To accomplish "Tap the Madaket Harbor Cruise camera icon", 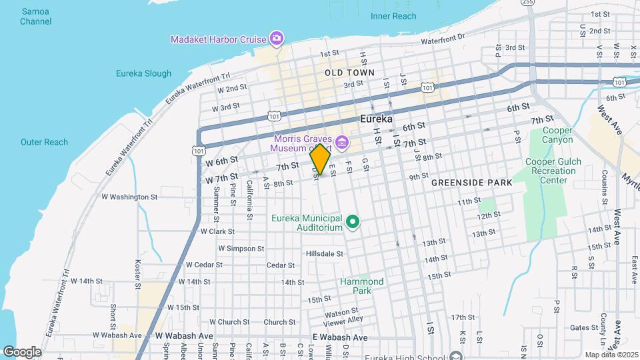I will tap(277, 38).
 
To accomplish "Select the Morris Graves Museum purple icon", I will tap(342, 141).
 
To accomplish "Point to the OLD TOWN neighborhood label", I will tap(349, 72).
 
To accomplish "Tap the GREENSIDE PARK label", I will tap(471, 182).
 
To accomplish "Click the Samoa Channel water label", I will tap(36, 16).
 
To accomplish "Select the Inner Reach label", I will tap(393, 16).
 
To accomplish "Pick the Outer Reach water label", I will tap(44, 142).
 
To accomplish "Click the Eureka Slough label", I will tap(143, 73).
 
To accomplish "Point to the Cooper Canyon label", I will tap(558, 135).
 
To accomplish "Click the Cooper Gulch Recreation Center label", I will tap(553, 171).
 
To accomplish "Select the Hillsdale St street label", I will tap(324, 253).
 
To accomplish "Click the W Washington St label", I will tap(129, 197).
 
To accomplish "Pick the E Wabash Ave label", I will tap(340, 337).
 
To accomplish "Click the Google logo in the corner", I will tap(22, 351).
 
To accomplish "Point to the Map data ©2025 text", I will tap(611, 355).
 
